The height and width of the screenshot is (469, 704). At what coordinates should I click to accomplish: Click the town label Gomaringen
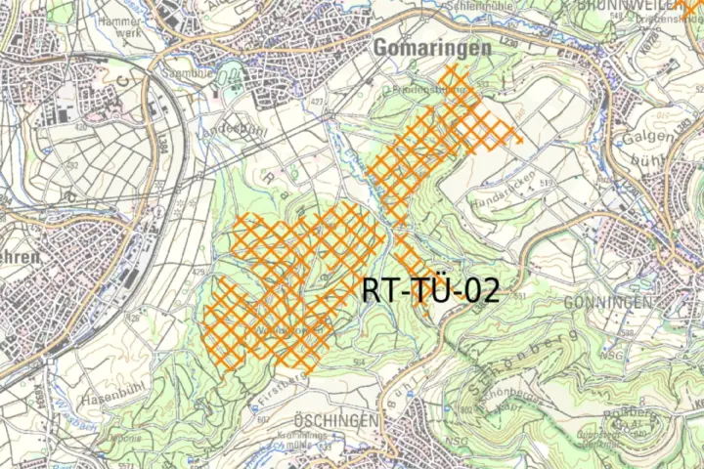pyautogui.click(x=431, y=48)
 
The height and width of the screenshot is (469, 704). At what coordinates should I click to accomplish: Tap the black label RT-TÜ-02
pyautogui.click(x=430, y=289)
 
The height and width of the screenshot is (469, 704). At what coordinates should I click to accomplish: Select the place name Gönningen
pyautogui.click(x=608, y=302)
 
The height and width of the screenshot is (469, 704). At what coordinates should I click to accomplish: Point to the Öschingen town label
pyautogui.click(x=335, y=420)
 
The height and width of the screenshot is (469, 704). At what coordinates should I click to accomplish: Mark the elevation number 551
pyautogui.click(x=519, y=295)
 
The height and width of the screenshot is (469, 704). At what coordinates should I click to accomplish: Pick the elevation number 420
pyautogui.click(x=79, y=126)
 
